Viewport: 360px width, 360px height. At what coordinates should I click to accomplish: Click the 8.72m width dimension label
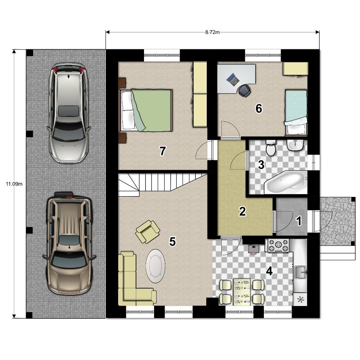click(212, 32)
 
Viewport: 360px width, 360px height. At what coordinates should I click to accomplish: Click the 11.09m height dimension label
click(14, 184)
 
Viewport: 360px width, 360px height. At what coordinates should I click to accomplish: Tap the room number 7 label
click(163, 151)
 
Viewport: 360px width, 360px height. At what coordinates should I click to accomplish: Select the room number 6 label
click(259, 108)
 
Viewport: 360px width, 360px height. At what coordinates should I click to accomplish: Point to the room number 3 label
click(261, 165)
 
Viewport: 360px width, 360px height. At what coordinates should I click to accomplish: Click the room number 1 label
click(299, 221)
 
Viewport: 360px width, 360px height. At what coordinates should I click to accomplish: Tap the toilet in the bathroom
click(271, 148)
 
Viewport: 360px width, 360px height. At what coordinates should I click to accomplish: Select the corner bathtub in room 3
click(285, 182)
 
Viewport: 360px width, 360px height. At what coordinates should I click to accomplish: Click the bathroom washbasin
click(296, 145)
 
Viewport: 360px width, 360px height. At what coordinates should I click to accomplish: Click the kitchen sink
click(301, 272)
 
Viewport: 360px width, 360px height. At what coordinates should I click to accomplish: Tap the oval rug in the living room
click(156, 266)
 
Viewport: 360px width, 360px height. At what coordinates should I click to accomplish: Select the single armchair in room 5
click(148, 231)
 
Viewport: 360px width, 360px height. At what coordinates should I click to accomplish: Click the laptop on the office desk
click(233, 80)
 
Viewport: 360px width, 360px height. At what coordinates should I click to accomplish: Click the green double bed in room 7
click(145, 111)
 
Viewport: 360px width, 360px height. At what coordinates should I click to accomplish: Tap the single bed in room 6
click(296, 112)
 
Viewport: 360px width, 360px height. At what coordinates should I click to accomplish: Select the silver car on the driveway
click(68, 113)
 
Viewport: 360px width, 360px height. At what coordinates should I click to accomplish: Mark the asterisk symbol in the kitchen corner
click(300, 300)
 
